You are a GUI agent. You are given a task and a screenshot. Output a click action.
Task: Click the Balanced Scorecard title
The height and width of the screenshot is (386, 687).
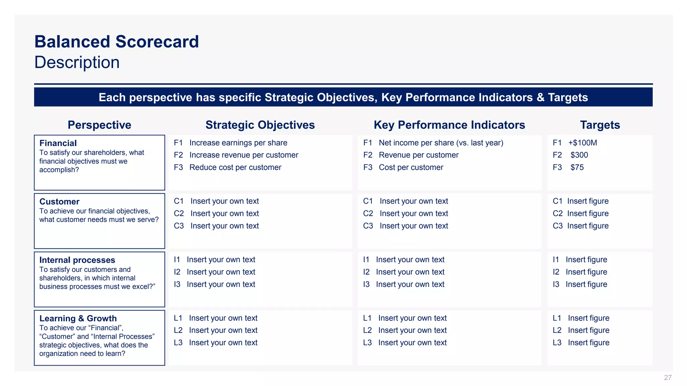[117, 42]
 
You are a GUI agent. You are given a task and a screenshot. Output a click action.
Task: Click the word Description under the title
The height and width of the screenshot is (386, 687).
[77, 63]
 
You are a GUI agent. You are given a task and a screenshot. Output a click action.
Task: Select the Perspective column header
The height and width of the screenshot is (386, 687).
[99, 125]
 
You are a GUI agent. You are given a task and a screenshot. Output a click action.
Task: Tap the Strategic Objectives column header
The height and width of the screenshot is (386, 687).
[260, 125]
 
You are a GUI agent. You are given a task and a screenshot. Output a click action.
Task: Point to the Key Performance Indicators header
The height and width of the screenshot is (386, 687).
[449, 125]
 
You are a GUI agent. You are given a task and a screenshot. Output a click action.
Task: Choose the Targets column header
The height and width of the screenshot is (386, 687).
[600, 125]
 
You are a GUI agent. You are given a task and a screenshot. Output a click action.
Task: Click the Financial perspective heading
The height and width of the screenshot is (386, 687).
[58, 143]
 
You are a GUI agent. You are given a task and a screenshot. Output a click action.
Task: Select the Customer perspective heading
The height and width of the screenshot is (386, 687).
[59, 202]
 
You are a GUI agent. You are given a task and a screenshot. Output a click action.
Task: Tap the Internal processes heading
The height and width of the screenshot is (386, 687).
[77, 260]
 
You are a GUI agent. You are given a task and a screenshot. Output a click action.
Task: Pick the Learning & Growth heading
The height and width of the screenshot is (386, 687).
[78, 318]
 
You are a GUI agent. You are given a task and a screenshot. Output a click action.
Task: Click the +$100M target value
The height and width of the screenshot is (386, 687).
[583, 143]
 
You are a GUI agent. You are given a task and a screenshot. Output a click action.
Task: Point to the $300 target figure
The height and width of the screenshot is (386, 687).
[579, 155]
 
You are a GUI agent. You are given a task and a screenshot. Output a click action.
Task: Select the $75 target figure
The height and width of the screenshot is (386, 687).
[577, 168]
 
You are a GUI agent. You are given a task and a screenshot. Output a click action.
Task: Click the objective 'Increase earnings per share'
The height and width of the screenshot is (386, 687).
[238, 143]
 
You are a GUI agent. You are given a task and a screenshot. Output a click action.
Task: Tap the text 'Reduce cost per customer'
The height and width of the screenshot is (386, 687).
[235, 168]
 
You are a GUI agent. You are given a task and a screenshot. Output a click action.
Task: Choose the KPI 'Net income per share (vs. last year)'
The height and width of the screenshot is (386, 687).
[441, 143]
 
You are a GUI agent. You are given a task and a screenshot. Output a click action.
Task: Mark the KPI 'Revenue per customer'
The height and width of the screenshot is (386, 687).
[418, 155]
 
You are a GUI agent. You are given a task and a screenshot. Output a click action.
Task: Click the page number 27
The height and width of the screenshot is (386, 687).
[668, 378]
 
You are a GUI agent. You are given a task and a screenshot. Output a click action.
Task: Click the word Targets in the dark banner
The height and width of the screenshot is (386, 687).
[568, 98]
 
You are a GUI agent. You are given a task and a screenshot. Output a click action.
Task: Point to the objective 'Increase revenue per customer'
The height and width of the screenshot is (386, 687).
[244, 155]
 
